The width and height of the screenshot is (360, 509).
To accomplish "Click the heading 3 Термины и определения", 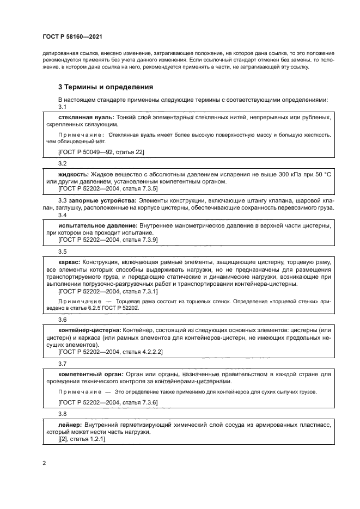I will point(106,87).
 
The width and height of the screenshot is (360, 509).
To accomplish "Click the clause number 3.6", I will point(62,320).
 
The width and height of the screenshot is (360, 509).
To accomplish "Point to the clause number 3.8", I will point(62,413).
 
